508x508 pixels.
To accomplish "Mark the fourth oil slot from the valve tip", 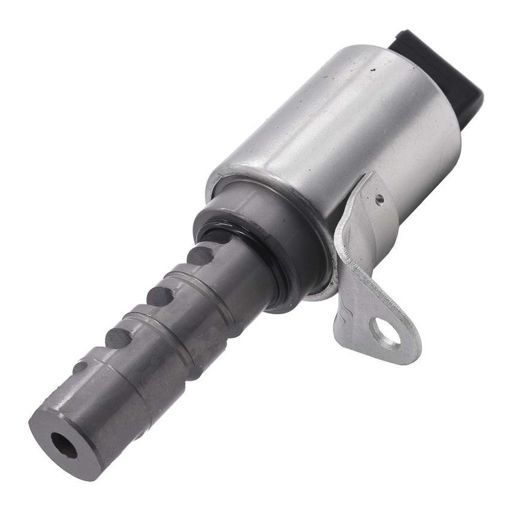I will coord(201,256).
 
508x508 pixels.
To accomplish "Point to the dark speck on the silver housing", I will coord(374,71).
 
